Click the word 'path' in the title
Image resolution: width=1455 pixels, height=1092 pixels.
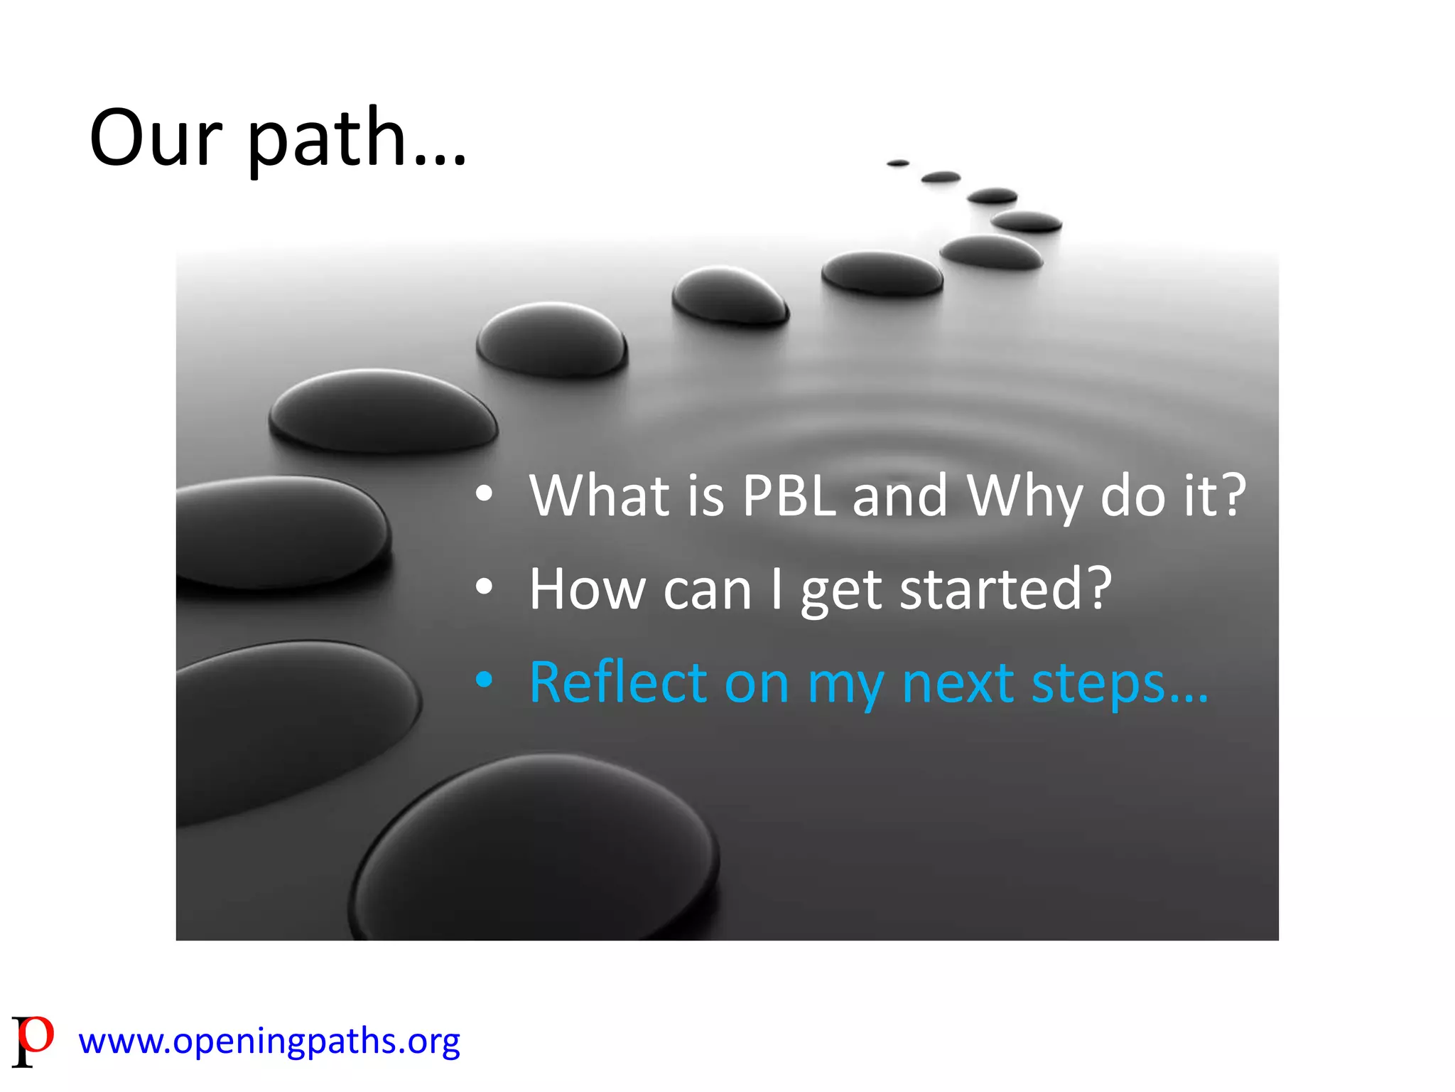tap(328, 139)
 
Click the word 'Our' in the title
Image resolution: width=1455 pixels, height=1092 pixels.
tap(156, 139)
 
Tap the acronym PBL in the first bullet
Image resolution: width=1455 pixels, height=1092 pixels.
tap(789, 496)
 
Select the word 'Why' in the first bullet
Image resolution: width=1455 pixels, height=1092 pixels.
tap(1024, 496)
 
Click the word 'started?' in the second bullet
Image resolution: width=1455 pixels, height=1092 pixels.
tap(1005, 589)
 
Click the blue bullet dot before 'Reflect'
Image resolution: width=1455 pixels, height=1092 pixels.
tap(484, 680)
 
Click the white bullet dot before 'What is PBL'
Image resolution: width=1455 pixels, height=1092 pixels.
tap(484, 493)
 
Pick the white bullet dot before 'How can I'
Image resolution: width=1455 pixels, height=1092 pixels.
tap(484, 587)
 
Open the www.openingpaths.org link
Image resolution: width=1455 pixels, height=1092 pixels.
tap(269, 1041)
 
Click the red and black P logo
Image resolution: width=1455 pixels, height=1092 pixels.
tap(32, 1040)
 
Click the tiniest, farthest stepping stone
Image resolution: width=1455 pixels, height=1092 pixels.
tap(898, 164)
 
